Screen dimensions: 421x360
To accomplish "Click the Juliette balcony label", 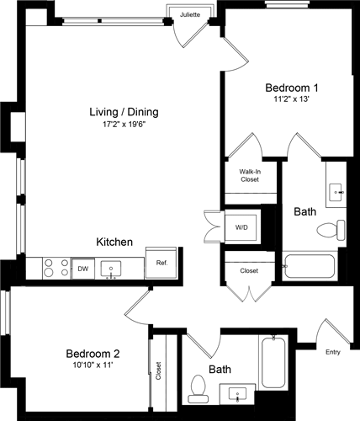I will pos(190,14).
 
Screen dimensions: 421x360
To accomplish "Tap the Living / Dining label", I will pos(124,112).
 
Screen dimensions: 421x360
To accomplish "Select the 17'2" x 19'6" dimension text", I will pos(124,126).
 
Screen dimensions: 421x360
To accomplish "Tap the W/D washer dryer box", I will pos(241,226).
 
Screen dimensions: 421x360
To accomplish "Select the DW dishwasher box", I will pos(82,269).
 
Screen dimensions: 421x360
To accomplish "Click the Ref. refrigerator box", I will pos(161,262).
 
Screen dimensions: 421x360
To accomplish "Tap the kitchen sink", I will pos(112,269).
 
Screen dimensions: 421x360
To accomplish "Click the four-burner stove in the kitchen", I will pos(55,268).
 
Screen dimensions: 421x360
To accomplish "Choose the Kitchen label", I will pos(114,242).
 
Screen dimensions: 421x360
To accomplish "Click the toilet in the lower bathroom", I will pos(198,386).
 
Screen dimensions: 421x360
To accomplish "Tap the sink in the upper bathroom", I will pos(337,193).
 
